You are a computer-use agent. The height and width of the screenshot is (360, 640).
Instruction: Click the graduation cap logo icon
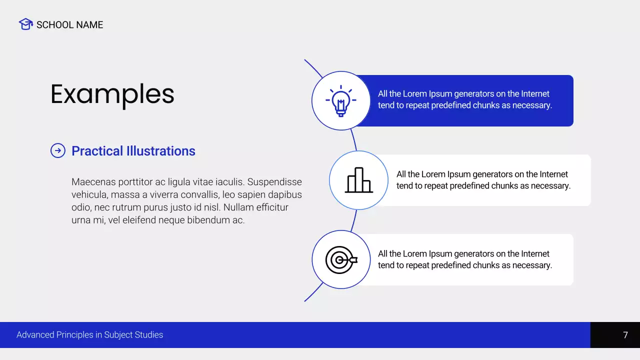tap(25, 24)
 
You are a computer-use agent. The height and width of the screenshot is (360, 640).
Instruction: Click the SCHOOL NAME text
tap(69, 25)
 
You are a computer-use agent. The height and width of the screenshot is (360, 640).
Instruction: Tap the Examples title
tap(112, 94)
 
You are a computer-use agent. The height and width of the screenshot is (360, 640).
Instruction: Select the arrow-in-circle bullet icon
tap(58, 150)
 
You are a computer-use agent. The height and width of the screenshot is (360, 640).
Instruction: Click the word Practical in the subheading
tap(97, 151)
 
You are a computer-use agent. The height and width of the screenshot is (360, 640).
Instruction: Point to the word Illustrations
tap(161, 151)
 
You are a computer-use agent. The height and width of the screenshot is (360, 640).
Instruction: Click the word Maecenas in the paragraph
tap(93, 182)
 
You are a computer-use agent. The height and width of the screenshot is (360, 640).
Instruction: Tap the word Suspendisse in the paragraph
tap(274, 182)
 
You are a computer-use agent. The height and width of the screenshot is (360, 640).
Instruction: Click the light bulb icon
tap(341, 101)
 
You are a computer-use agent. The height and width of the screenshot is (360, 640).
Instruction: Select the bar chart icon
tap(359, 180)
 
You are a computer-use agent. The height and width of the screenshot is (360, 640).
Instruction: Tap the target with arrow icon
tap(341, 259)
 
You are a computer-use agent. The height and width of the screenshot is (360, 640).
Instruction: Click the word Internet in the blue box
tap(535, 93)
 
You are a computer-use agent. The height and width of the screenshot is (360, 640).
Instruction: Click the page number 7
tap(625, 335)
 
